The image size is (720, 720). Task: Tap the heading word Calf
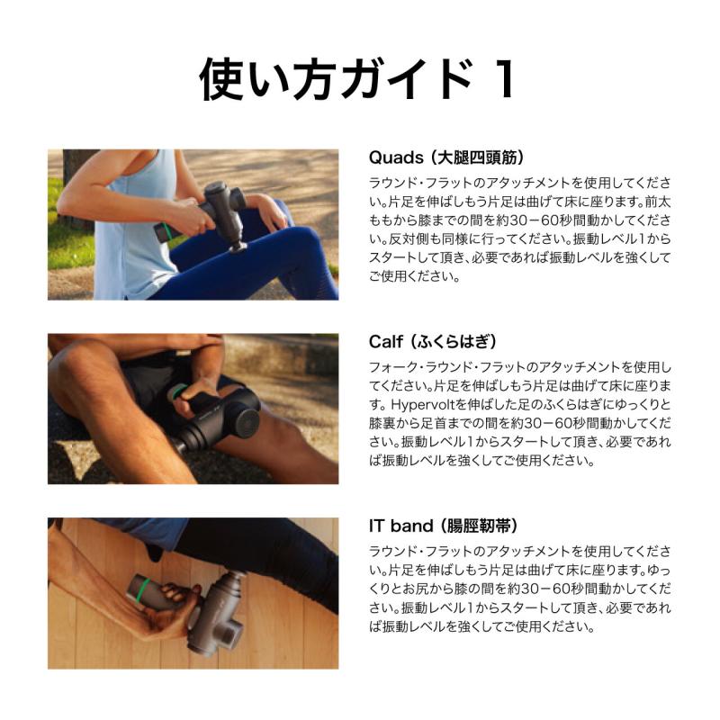point(388,342)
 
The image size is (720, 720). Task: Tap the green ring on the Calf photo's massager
point(181,392)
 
